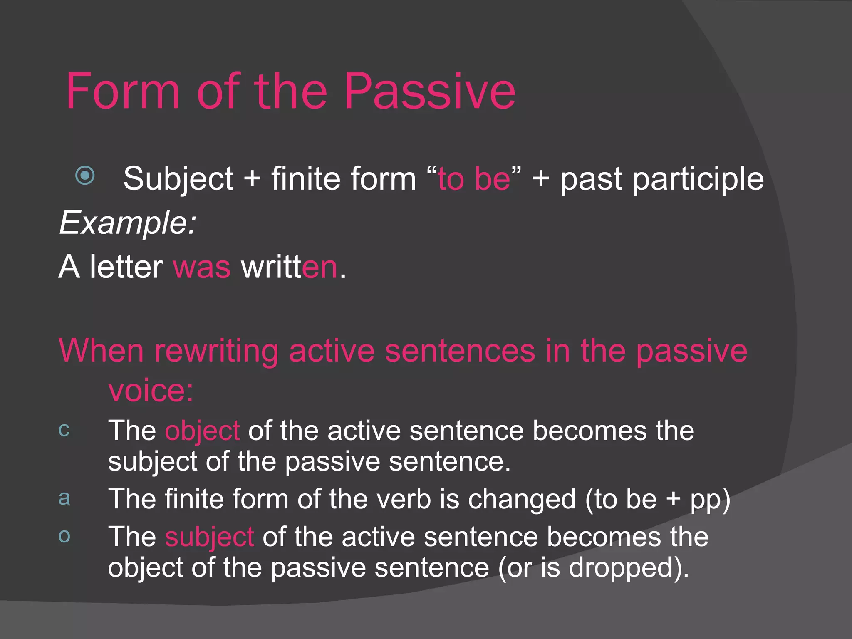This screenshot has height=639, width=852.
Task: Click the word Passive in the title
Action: (x=430, y=92)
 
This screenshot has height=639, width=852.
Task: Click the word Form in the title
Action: (x=123, y=92)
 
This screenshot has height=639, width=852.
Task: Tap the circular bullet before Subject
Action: (x=85, y=175)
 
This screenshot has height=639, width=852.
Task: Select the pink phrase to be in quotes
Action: (x=474, y=179)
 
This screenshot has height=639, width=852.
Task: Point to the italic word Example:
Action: (x=127, y=223)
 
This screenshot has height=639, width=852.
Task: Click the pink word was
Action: (x=202, y=267)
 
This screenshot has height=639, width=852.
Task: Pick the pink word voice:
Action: (x=151, y=391)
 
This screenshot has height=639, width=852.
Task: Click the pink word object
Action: (x=202, y=431)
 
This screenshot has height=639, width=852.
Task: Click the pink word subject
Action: (x=209, y=537)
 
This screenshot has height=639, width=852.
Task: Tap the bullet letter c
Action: (x=64, y=430)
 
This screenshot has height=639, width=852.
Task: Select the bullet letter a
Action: (x=64, y=498)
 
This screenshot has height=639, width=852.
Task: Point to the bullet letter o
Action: (x=64, y=536)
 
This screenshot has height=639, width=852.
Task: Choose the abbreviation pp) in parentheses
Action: (x=710, y=500)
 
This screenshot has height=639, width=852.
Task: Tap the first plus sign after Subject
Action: (x=252, y=179)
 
